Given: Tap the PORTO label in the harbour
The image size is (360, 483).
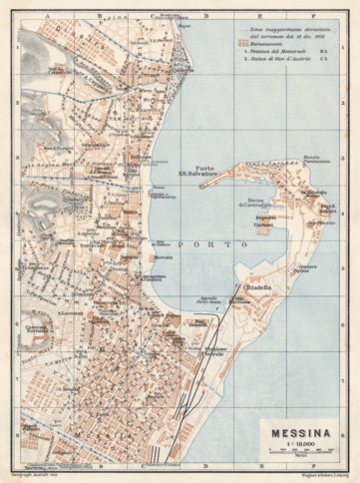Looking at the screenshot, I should [x=195, y=242].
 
